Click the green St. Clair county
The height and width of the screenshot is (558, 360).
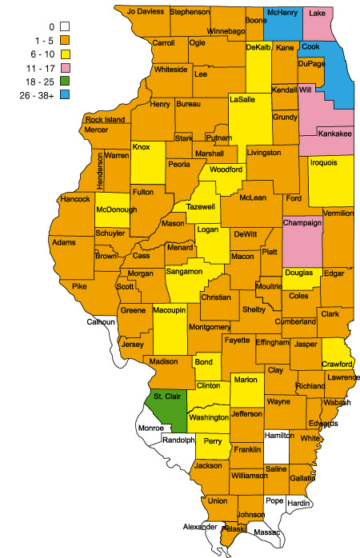tap(165, 405)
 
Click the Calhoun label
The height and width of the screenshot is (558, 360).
tap(102, 322)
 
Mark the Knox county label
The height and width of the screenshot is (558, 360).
tap(141, 148)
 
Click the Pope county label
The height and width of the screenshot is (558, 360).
tap(274, 500)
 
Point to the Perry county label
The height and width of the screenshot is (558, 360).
tap(212, 440)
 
